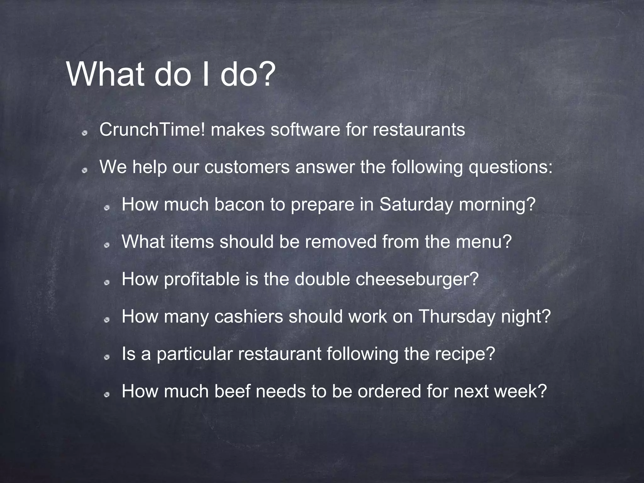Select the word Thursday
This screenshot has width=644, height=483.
[x=457, y=316]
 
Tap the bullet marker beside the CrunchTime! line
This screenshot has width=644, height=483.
[x=84, y=133]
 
